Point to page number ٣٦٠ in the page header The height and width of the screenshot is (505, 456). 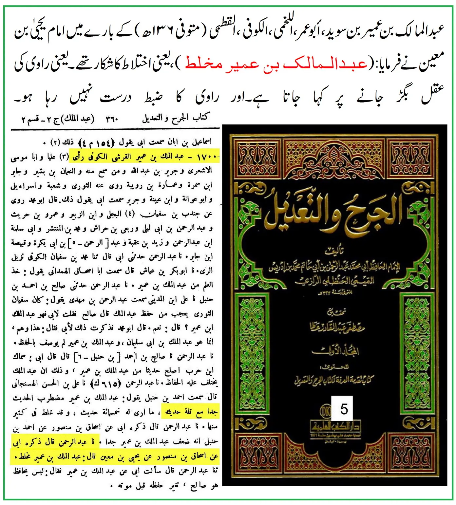coord(112,119)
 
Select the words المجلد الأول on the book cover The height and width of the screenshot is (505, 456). coord(335,351)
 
